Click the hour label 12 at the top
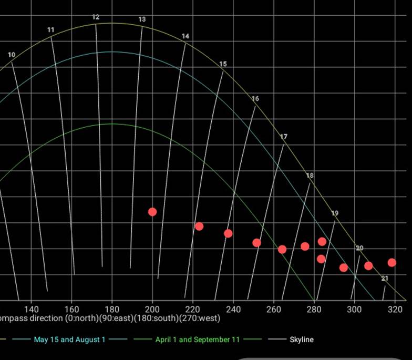coord(96,17)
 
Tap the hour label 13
coord(142,19)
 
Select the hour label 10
coord(12,55)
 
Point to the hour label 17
coord(284,137)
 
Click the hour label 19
coord(335,213)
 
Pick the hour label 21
coord(385,279)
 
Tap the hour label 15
coord(223,64)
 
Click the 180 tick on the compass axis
coord(111,308)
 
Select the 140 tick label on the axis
coord(31,308)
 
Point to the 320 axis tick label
coord(394,308)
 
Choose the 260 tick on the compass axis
coord(273,308)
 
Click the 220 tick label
coord(192,308)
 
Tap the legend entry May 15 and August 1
coord(69,340)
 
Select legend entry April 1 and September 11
coord(197,340)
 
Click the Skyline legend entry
coord(301,340)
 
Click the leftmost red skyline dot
coord(152,212)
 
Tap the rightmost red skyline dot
coord(392,262)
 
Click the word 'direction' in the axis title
coord(47,318)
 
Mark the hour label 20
coord(359,248)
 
